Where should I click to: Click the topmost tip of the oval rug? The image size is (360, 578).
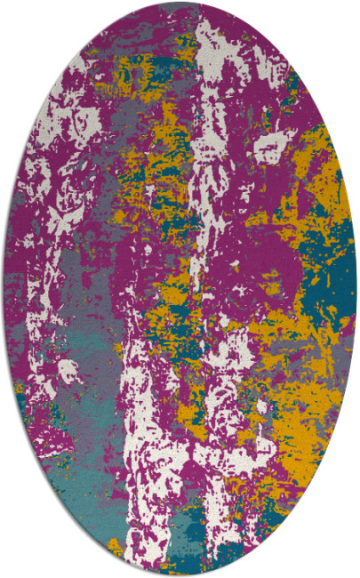click(x=180, y=4)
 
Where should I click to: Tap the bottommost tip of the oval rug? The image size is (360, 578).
click(x=180, y=574)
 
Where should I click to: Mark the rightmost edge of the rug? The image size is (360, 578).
click(x=356, y=289)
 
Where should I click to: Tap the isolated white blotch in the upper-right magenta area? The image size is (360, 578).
click(x=268, y=147)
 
